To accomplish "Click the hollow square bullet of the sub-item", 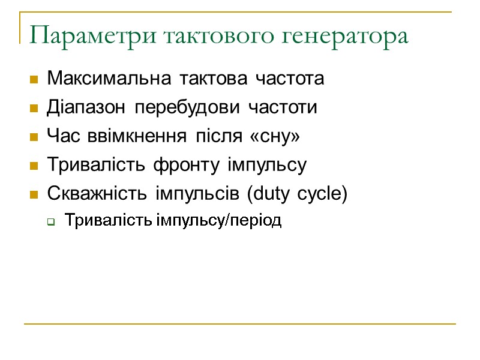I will click(x=51, y=223).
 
